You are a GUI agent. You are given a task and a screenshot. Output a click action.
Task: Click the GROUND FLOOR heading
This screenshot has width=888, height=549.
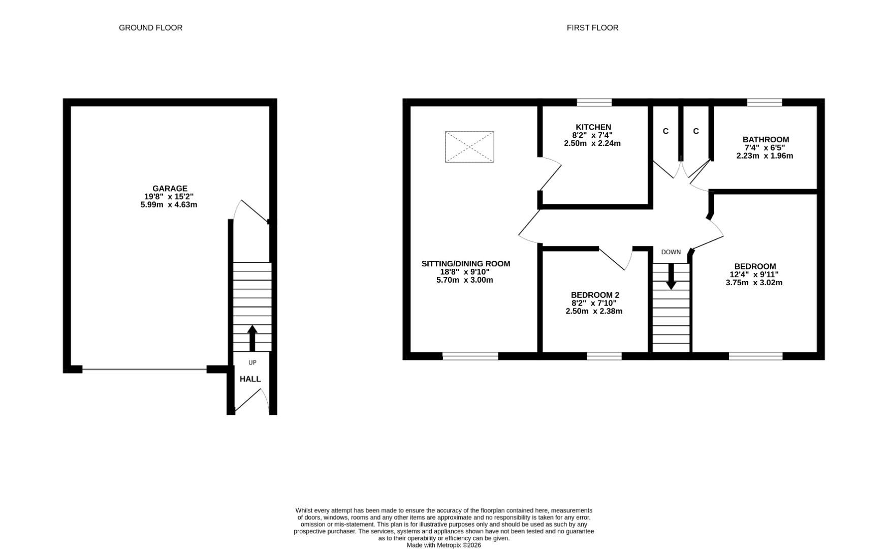150,28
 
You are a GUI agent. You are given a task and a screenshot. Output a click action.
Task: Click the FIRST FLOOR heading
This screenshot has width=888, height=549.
592,28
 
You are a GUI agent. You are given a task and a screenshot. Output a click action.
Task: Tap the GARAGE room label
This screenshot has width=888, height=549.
170,189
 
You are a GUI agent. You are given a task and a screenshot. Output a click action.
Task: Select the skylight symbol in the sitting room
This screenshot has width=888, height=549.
469,147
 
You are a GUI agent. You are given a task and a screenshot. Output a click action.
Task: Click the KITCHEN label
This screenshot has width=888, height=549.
593,127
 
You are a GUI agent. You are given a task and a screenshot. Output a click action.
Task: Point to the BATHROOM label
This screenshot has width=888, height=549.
766,139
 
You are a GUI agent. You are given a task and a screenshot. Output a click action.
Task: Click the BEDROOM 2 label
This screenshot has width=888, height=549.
595,295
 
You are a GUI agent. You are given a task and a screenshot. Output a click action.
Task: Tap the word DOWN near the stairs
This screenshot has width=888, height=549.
671,252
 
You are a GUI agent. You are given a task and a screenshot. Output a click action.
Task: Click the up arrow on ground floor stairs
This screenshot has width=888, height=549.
252,338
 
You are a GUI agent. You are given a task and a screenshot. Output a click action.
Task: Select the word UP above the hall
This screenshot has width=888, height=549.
252,362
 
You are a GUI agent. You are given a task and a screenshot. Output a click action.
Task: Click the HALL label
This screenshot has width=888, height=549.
250,379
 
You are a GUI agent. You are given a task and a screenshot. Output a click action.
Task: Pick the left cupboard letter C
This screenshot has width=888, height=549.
665,131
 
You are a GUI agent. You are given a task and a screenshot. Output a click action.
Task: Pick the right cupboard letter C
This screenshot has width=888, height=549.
695,131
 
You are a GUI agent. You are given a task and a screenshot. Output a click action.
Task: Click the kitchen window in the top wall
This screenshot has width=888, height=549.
594,102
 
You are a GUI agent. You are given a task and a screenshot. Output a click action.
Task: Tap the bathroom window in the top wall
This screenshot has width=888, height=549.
764,102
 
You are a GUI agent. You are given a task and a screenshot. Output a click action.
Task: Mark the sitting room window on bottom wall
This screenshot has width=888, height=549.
470,356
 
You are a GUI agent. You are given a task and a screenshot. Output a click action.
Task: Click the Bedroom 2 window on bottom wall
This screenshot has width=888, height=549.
604,356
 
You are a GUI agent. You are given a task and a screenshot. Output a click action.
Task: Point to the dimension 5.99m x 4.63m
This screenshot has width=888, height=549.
169,205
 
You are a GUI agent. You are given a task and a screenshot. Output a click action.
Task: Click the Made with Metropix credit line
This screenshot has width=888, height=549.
443,545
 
